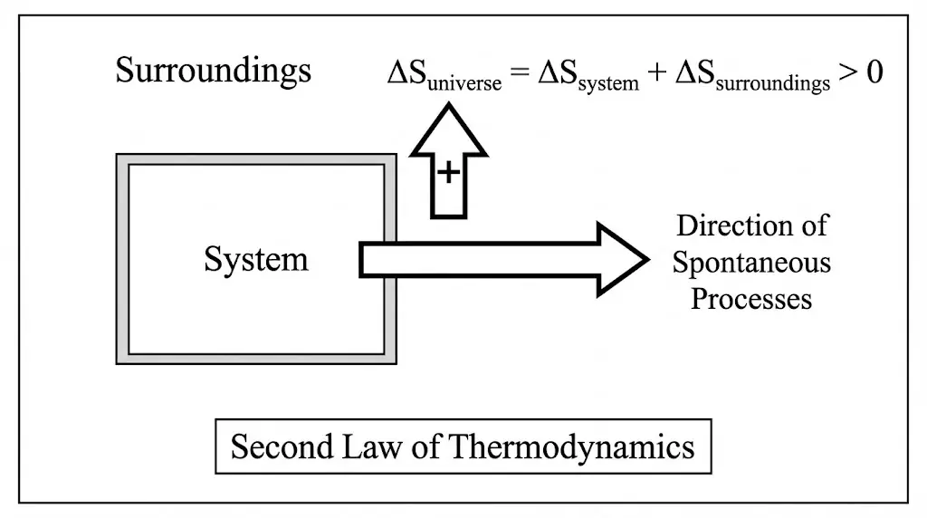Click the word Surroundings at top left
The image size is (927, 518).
point(213,71)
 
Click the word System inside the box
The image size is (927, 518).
point(255,260)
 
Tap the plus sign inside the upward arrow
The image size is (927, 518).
point(448,172)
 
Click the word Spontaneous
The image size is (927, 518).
point(751,263)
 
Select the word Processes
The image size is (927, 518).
point(751,299)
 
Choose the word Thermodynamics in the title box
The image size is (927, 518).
point(572,447)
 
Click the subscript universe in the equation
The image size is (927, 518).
point(463,84)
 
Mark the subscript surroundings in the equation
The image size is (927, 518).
point(778,84)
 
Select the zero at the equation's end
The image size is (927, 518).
point(874,72)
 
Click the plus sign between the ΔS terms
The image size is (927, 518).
point(656,74)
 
